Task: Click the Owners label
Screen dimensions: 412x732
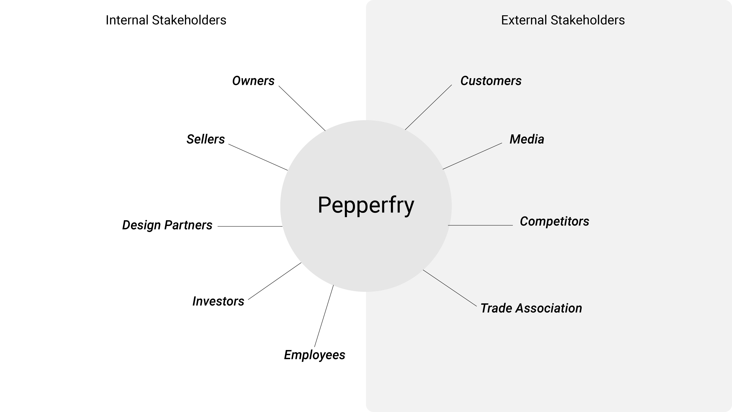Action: coord(253,81)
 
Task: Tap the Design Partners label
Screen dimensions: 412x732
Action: coord(167,225)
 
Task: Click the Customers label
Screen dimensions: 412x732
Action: coord(491,81)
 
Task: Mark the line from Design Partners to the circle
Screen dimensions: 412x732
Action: coord(250,227)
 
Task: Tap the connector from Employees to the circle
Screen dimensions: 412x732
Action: coord(324,316)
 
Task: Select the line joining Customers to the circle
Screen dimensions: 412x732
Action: coord(428,107)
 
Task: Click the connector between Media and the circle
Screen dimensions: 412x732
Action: coord(472,156)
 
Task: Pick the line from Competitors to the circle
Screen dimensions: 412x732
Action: coord(480,225)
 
